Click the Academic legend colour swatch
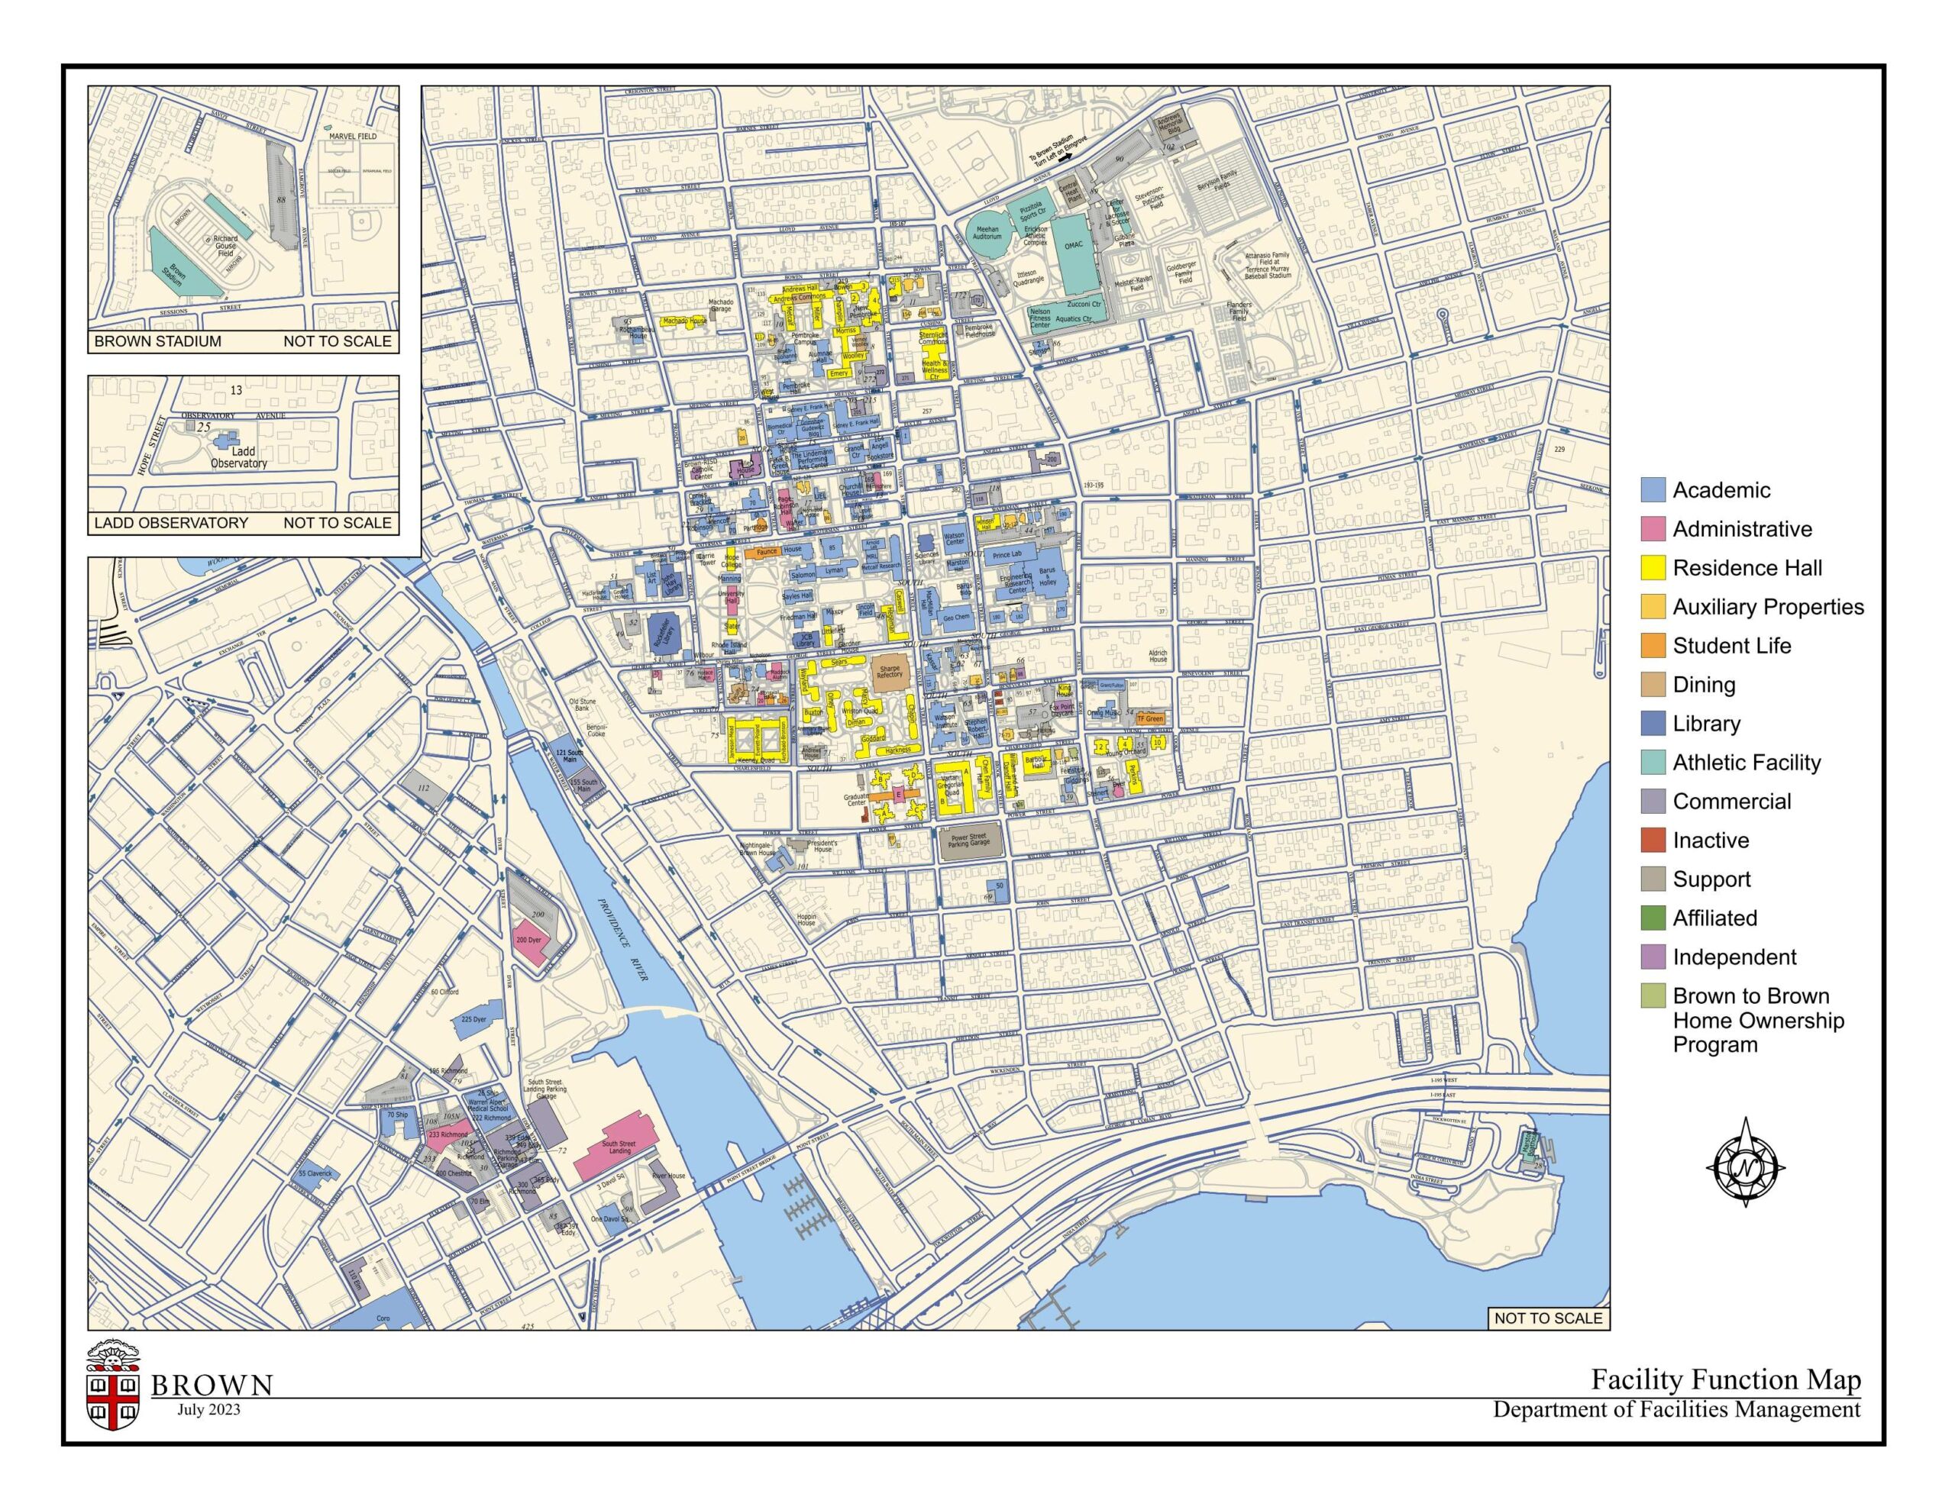(x=1653, y=489)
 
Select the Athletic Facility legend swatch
(x=1653, y=762)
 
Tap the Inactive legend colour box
(x=1653, y=840)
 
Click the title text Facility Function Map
(x=1725, y=1379)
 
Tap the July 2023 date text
(x=208, y=1409)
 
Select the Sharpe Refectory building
(x=890, y=670)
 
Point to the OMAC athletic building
(x=1073, y=244)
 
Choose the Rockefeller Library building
(x=661, y=631)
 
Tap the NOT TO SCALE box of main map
(x=1548, y=1318)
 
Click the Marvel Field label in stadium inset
(x=352, y=136)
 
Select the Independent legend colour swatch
(x=1653, y=957)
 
